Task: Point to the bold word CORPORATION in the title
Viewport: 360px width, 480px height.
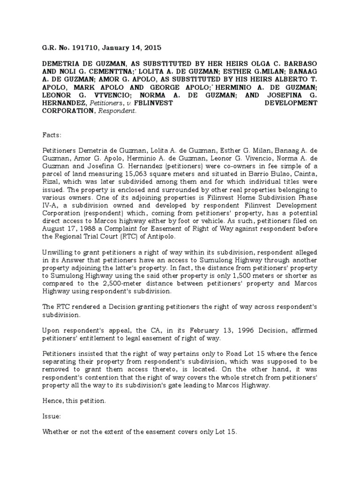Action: click(x=69, y=112)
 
